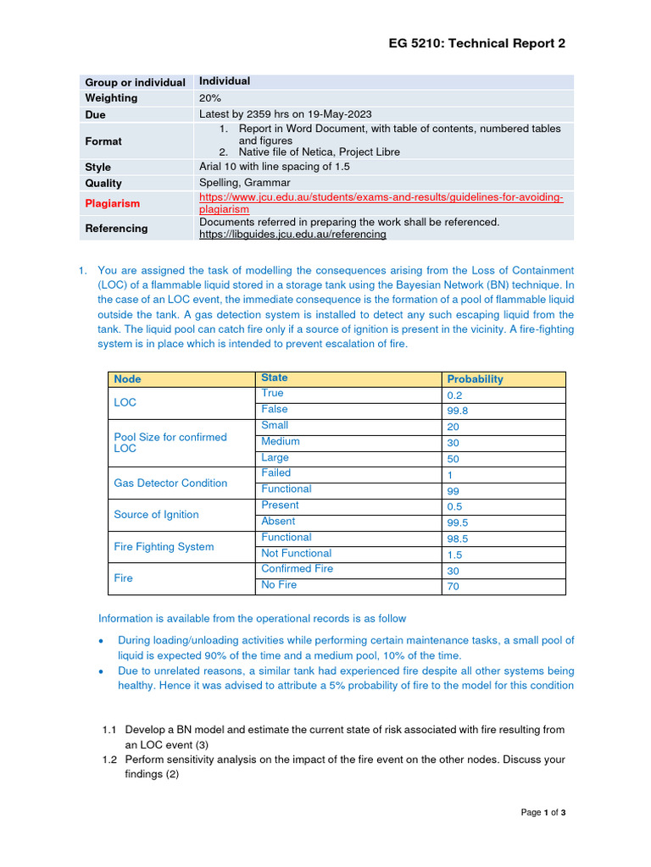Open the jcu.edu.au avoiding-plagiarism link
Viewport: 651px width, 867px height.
coord(381,202)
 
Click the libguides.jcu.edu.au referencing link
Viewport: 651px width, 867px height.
coord(292,235)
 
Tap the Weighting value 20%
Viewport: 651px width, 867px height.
coord(210,98)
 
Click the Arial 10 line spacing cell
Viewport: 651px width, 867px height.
coord(274,167)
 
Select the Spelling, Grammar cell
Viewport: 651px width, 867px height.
coord(244,183)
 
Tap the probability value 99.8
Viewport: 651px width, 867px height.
coord(458,411)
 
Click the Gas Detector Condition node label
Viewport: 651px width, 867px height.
coord(170,483)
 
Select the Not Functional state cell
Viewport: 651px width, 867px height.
coord(296,554)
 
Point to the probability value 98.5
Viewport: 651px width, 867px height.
coord(458,538)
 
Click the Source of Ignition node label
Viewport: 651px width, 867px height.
coord(156,515)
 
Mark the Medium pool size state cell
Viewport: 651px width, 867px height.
coord(280,442)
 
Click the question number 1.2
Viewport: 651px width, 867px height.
coord(109,759)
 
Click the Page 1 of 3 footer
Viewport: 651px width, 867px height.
coord(542,813)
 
